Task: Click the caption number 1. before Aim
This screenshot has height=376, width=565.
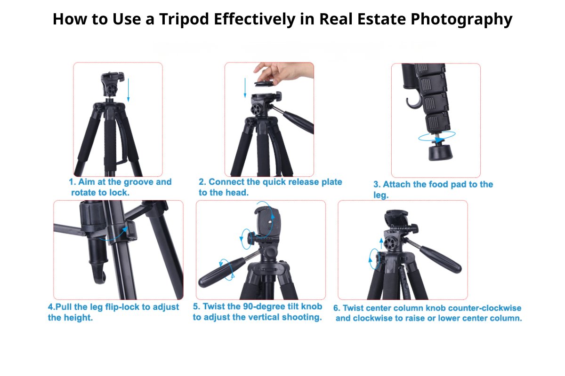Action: click(x=73, y=182)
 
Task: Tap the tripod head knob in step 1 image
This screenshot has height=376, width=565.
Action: click(x=112, y=89)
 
